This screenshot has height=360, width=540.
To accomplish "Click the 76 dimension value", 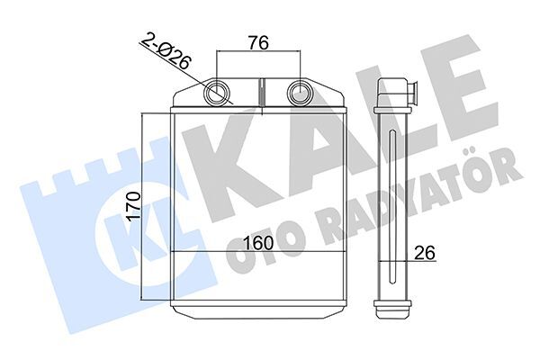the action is (258, 43).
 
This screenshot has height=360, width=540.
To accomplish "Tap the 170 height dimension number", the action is (133, 207).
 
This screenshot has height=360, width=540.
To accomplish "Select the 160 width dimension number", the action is (258, 243).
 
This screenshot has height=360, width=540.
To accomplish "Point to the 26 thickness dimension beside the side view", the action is (425, 253).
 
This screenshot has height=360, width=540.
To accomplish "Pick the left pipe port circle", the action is (216, 92).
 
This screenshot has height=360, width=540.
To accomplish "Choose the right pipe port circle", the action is (300, 92).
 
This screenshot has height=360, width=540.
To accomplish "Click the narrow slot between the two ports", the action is (261, 92).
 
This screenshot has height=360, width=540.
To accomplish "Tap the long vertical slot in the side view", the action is (392, 207).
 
